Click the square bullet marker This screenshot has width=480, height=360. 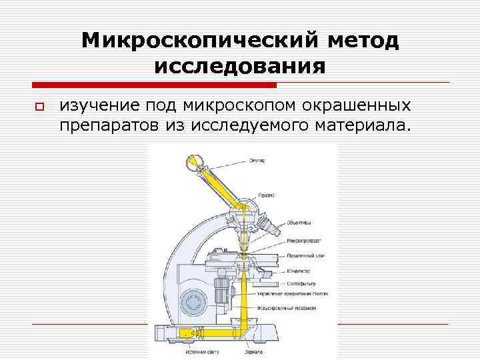point(39,107)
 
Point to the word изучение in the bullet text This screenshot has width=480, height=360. point(99,106)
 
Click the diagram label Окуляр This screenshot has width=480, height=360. point(257,161)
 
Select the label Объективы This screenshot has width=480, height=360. point(298,223)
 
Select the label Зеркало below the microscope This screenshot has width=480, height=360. point(253,351)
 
